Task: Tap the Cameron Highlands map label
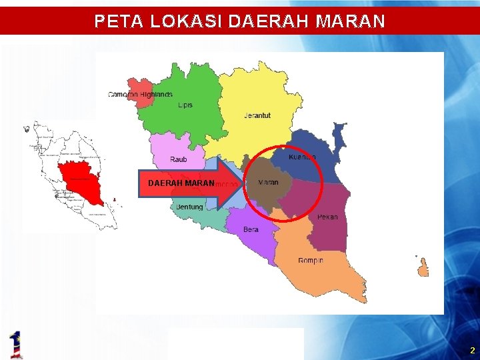tap(140, 95)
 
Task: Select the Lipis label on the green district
tap(185, 105)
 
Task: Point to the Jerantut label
tap(257, 115)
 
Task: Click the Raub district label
tap(179, 159)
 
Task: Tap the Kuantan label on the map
tap(302, 157)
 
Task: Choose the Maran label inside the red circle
tap(268, 182)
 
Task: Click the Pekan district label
tap(327, 217)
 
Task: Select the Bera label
tap(251, 229)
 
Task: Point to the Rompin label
tap(311, 260)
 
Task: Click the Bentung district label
tap(189, 207)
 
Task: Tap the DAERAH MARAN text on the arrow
tap(181, 183)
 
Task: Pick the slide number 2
tap(472, 350)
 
